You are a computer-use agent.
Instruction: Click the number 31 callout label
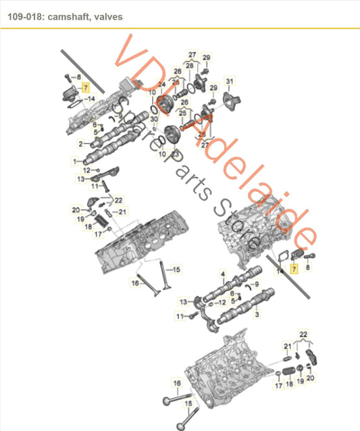230,81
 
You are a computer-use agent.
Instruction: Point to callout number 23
177,155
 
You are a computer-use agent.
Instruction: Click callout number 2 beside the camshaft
80,144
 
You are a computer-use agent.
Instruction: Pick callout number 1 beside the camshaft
75,161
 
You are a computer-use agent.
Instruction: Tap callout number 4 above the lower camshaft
222,273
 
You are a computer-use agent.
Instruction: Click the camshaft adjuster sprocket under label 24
163,105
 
